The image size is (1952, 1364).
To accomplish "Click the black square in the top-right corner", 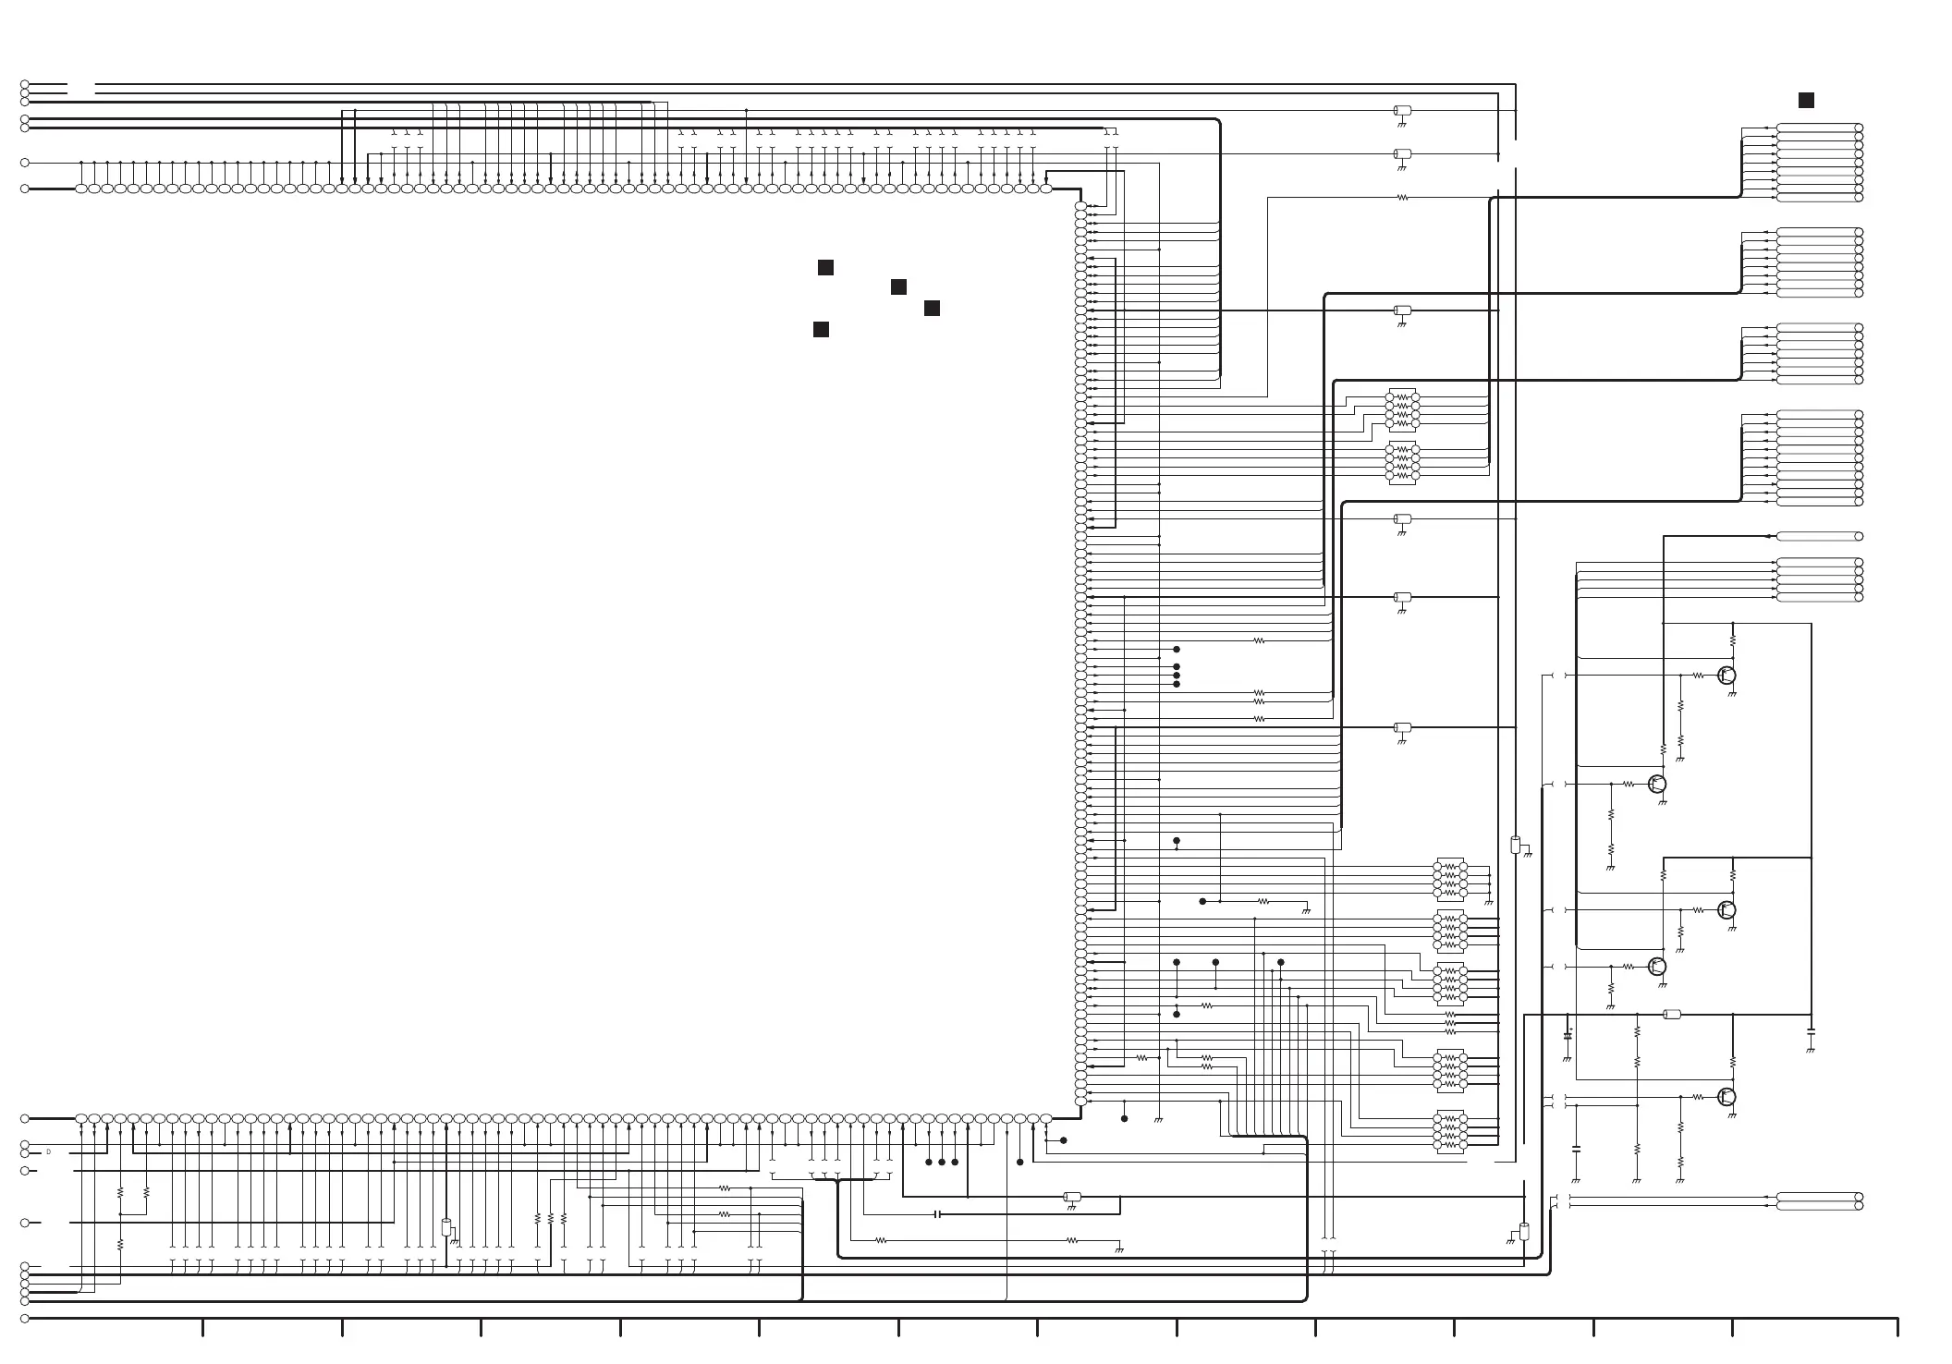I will pos(1805,101).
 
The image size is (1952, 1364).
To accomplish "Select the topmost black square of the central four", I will pos(825,268).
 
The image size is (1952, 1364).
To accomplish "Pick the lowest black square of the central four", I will pos(821,330).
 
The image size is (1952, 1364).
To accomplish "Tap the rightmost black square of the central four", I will pos(932,308).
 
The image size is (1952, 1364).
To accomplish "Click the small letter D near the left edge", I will pos(48,1152).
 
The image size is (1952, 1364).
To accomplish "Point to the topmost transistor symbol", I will pos(1726,676).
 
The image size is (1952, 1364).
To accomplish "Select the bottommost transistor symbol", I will pos(1726,1097).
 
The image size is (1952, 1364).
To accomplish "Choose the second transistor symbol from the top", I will pos(1656,785).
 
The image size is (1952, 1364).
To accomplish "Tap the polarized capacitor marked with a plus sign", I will pos(1568,1034).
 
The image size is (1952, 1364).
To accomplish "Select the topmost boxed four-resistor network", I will pos(1402,410).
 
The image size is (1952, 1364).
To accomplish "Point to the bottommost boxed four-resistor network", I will pos(1449,1131).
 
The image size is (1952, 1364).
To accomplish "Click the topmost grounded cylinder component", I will pos(1402,111).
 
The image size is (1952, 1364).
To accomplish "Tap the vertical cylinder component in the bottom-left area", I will pos(446,1228).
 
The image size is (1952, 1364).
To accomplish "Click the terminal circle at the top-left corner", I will pos(25,84).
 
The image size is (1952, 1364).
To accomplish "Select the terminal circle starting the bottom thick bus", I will pos(25,1319).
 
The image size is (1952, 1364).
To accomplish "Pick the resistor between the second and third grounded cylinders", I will pos(1402,197).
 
